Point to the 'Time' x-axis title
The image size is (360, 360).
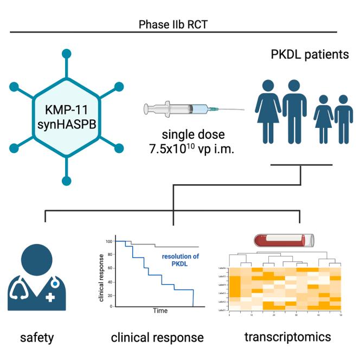click(159, 311)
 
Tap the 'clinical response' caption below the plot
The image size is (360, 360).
click(157, 338)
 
